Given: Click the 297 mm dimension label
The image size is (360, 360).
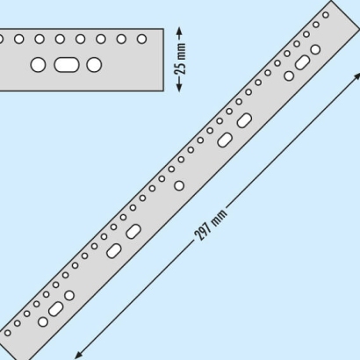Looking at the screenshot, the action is point(211,225).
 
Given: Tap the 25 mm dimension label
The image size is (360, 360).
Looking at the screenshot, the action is point(182,59).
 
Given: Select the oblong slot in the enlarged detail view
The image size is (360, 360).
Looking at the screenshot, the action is point(67,65).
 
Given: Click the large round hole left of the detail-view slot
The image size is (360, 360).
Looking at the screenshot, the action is point(38,65).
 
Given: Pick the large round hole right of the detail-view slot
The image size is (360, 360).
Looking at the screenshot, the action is point(94,65).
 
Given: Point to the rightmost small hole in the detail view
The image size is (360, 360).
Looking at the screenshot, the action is point(141,39).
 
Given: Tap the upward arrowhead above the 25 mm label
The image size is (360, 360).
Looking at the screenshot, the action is point(179,32).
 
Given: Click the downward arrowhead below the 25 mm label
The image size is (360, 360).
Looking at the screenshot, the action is point(179,87).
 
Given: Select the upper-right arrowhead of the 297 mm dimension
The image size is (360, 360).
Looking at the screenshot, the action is point(356,76).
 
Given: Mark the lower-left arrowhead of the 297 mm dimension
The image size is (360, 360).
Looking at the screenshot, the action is point(78,355).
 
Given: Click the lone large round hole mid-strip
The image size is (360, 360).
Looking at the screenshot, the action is point(179,185).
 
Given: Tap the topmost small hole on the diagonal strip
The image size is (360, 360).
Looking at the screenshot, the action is point(326,15).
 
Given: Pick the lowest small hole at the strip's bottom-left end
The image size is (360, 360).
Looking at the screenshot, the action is point(8,333).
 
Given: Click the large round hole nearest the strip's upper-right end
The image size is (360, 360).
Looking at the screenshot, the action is point(315,49).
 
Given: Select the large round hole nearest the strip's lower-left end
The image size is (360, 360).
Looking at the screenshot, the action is point(43,322).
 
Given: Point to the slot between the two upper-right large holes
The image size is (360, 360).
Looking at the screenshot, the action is point(302,62).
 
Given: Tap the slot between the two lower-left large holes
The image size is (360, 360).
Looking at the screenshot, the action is point(55,309).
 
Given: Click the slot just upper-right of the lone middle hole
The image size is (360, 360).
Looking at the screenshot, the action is point(225,140).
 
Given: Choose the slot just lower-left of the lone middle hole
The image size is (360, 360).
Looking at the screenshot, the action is point(133,231).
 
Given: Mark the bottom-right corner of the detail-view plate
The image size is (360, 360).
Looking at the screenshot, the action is point(163,91).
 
